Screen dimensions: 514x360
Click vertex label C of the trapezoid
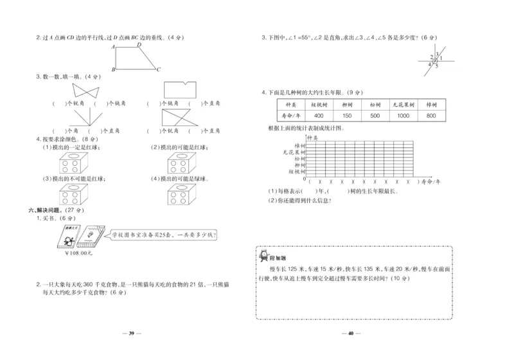[158, 69]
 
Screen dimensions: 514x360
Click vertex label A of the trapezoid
[113, 47]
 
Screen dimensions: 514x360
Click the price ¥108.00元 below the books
[80, 253]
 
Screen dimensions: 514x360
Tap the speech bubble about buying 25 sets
[164, 235]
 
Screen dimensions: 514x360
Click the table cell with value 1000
[403, 116]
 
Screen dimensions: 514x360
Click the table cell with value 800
[431, 116]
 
